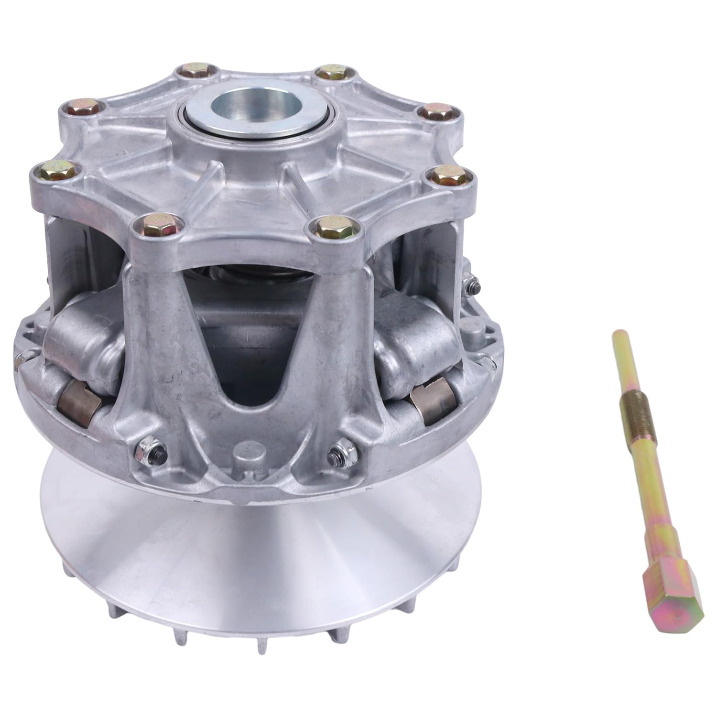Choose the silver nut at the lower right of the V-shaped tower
340,450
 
